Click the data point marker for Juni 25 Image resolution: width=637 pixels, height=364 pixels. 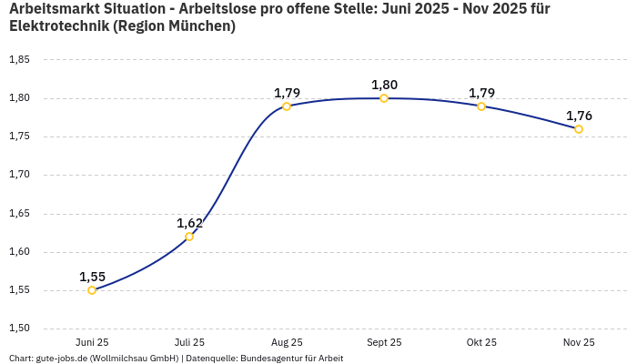(x=92, y=290)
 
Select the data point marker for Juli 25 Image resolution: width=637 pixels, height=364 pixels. (x=189, y=237)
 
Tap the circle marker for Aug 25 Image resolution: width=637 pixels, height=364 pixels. (x=287, y=106)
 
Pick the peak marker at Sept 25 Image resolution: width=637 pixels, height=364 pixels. (x=384, y=98)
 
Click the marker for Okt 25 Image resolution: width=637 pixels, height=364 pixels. (x=481, y=106)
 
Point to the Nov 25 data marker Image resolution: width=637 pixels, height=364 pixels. (x=579, y=129)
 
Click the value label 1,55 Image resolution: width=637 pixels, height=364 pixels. (x=92, y=277)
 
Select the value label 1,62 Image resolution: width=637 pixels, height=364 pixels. (x=189, y=223)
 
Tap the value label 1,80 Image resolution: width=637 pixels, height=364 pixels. (x=384, y=85)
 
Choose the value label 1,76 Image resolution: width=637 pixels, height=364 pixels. (x=579, y=116)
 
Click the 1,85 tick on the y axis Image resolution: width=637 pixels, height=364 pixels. (x=19, y=60)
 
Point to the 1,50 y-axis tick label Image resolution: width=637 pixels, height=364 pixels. (x=19, y=329)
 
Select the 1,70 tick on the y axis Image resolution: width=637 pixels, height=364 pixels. (x=19, y=175)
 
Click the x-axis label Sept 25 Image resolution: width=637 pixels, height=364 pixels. (x=384, y=342)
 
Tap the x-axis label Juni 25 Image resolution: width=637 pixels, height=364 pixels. (x=92, y=342)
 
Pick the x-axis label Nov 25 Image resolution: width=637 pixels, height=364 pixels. (x=579, y=342)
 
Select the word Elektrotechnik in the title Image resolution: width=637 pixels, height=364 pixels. (x=60, y=26)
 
